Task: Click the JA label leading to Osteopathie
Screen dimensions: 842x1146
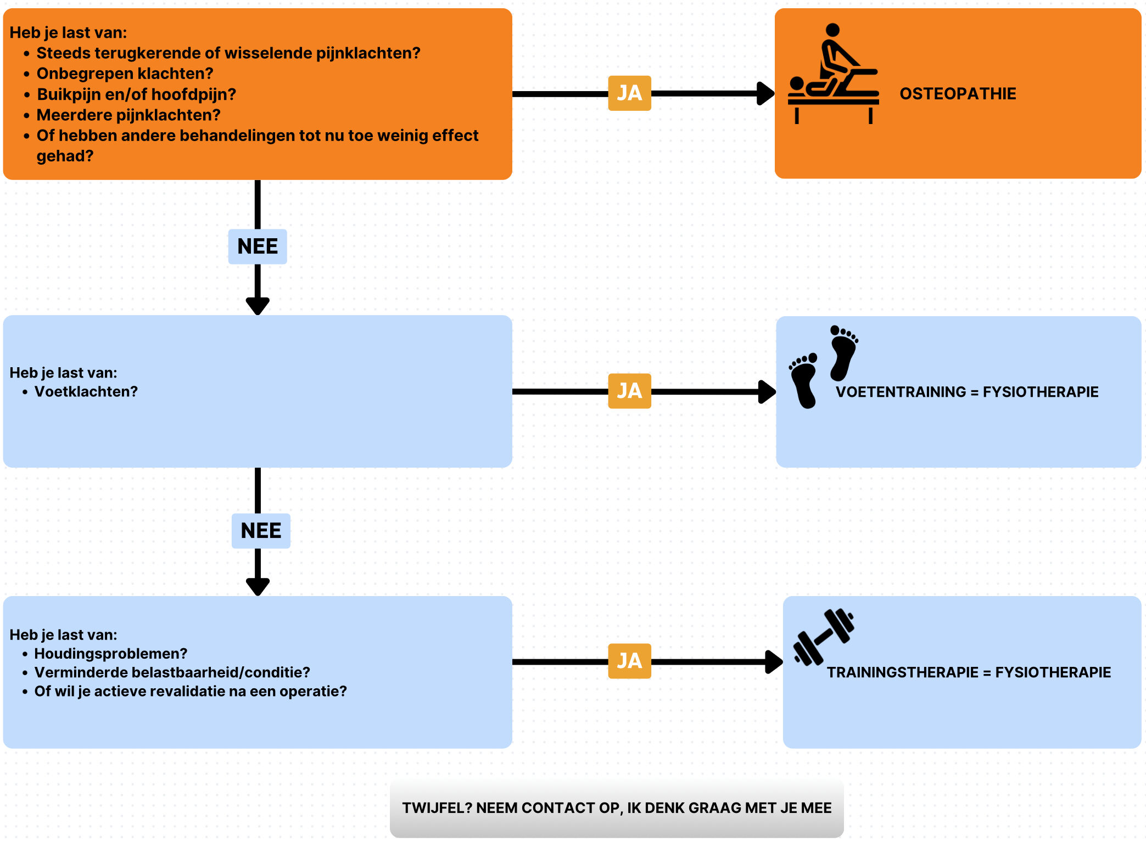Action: click(629, 93)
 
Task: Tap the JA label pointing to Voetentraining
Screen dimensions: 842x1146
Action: click(629, 391)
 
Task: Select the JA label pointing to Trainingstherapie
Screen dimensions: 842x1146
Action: click(629, 661)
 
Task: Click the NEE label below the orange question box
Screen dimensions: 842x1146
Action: click(258, 246)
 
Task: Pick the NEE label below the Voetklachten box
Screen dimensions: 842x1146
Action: click(261, 531)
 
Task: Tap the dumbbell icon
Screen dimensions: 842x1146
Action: click(824, 637)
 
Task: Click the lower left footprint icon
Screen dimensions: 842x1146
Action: click(804, 380)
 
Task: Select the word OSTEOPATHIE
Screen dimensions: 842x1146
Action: click(958, 94)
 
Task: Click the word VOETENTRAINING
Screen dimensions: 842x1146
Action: click(901, 392)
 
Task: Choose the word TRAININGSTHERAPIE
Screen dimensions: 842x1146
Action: click(903, 672)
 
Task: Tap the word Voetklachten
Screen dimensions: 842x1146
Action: click(86, 391)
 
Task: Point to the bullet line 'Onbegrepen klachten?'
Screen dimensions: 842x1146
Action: click(125, 74)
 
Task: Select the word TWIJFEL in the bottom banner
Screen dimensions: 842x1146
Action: click(437, 808)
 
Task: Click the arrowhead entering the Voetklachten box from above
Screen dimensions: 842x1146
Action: click(258, 306)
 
